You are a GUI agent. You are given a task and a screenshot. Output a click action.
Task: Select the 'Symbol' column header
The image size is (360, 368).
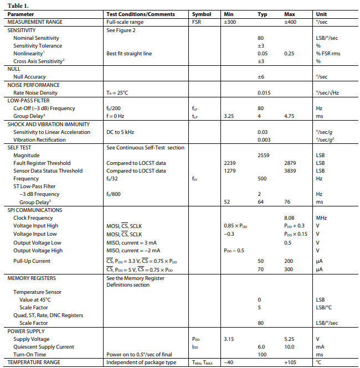point(201,14)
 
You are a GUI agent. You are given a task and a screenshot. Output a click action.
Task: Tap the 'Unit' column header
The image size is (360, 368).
point(321,14)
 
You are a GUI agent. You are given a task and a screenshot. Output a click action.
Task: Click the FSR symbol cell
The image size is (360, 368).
point(197,22)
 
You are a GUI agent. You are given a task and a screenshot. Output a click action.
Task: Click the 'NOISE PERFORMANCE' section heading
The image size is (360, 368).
point(34,85)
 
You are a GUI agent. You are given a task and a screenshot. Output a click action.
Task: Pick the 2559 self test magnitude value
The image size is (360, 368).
point(263,156)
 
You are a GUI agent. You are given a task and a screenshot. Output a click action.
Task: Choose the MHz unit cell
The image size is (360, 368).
point(322,218)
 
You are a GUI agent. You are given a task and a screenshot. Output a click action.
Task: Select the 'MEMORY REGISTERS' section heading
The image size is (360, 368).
point(32,278)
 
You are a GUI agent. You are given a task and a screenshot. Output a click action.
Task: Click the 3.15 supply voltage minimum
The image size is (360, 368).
point(229,339)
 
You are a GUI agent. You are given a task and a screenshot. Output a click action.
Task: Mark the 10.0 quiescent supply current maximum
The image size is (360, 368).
point(290,346)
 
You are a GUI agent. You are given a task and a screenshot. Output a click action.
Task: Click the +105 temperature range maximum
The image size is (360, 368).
point(291,362)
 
